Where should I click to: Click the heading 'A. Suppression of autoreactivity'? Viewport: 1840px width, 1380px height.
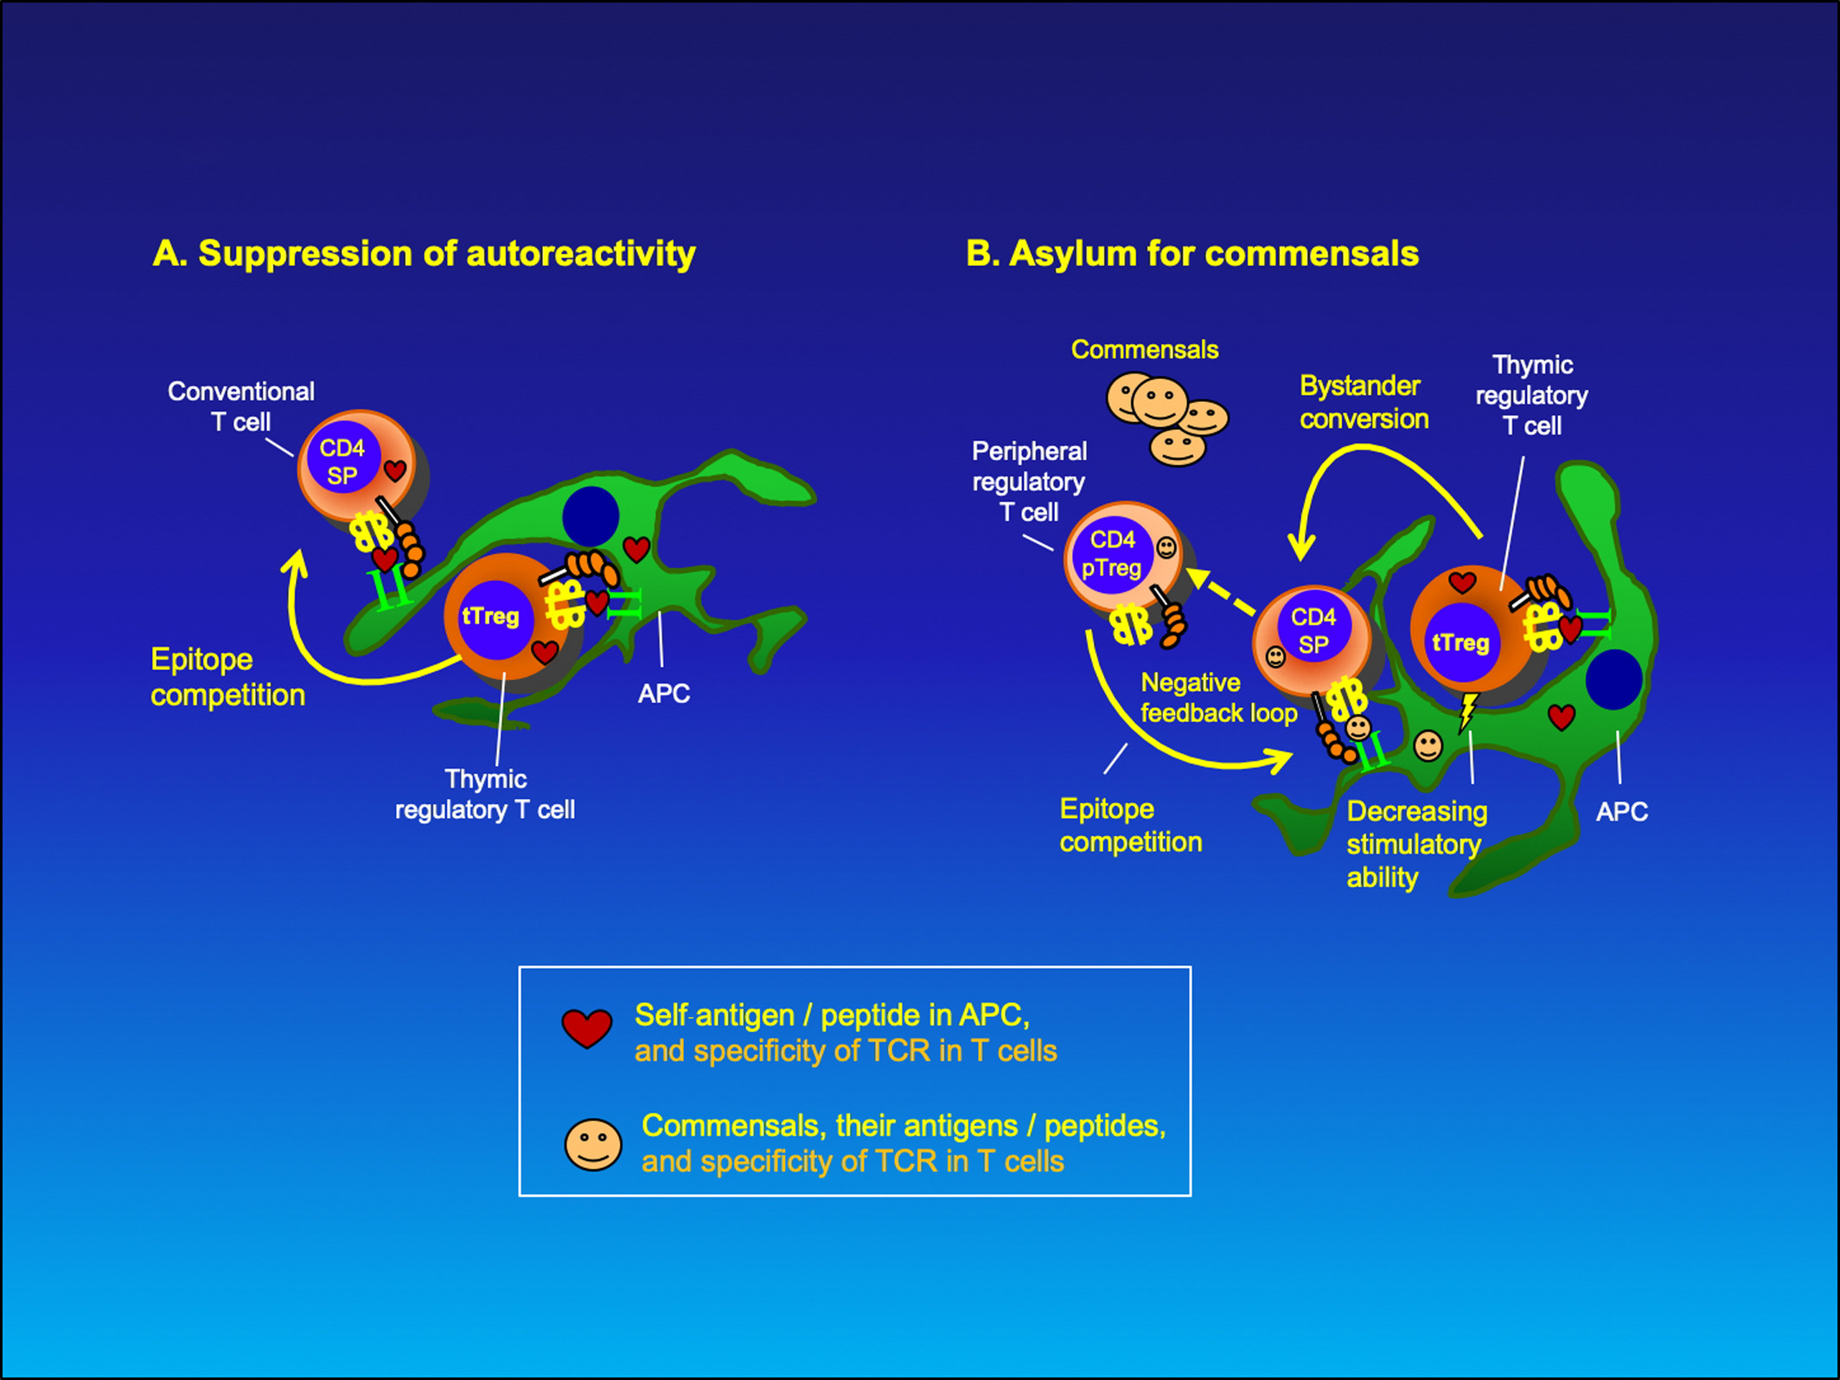(424, 254)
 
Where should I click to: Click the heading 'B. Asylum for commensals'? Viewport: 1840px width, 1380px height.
(1192, 254)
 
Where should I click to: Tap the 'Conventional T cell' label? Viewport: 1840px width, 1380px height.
(241, 406)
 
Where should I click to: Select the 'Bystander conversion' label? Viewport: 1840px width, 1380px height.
(1364, 402)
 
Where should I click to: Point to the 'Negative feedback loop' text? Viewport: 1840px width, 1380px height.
(1218, 698)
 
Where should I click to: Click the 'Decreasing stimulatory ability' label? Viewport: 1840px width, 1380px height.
(1416, 844)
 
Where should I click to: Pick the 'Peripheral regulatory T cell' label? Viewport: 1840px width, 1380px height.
(1029, 482)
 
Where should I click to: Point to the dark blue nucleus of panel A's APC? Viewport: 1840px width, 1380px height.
(591, 515)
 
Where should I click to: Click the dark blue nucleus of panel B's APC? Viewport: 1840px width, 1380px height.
(1614, 680)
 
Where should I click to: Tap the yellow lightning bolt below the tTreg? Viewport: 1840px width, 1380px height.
(1468, 711)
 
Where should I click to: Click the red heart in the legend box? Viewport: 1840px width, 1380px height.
(587, 1027)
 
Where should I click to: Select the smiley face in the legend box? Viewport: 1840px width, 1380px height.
(593, 1145)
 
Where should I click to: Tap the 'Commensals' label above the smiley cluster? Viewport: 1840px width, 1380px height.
(1145, 349)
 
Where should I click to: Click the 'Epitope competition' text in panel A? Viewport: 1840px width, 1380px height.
(227, 677)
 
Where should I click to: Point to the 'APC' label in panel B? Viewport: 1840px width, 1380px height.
(1621, 812)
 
